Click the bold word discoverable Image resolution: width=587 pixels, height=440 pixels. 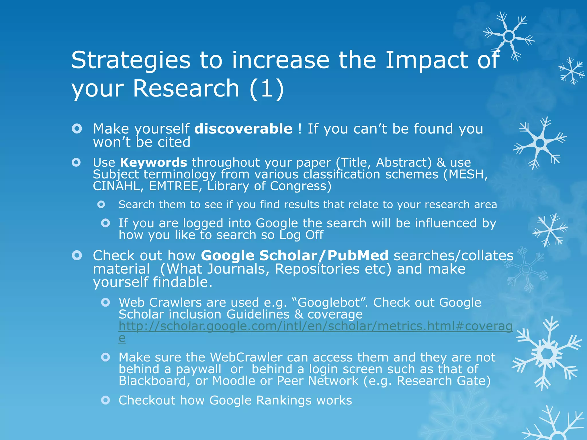(243, 129)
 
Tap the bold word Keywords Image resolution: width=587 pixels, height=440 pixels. (153, 162)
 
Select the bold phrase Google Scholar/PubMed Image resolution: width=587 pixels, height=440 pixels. (295, 256)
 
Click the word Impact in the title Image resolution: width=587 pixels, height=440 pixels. (426, 60)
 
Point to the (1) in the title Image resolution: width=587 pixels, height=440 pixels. (267, 89)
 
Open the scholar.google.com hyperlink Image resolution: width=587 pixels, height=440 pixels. (315, 326)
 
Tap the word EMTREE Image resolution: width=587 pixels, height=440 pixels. (174, 186)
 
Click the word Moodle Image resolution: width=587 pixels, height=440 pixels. (234, 381)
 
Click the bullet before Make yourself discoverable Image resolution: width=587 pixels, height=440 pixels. (77, 129)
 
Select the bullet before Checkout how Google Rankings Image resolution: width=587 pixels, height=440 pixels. (105, 400)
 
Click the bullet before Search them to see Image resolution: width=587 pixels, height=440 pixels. (101, 205)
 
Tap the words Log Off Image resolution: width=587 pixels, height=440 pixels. (301, 235)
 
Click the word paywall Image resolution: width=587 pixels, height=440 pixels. (198, 369)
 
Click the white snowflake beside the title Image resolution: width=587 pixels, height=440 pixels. (508, 37)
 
